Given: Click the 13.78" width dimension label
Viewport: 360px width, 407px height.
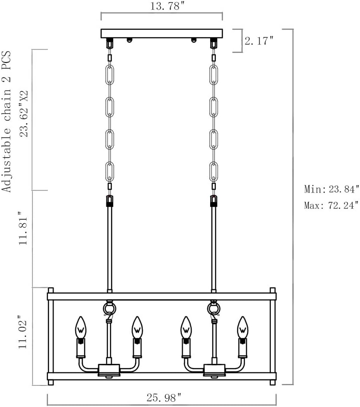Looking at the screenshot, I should coord(161,6).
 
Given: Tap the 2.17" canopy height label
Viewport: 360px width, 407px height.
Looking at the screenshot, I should coord(259,41).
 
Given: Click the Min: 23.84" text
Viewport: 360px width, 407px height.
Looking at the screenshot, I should coord(331,189).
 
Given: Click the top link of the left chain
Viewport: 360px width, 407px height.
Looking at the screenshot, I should coord(109,74).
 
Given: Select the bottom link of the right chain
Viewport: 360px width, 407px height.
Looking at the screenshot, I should coord(213,171).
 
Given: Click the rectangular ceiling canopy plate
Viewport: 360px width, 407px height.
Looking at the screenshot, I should coord(161,34).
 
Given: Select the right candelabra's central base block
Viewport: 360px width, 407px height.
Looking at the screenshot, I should coord(214,369).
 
